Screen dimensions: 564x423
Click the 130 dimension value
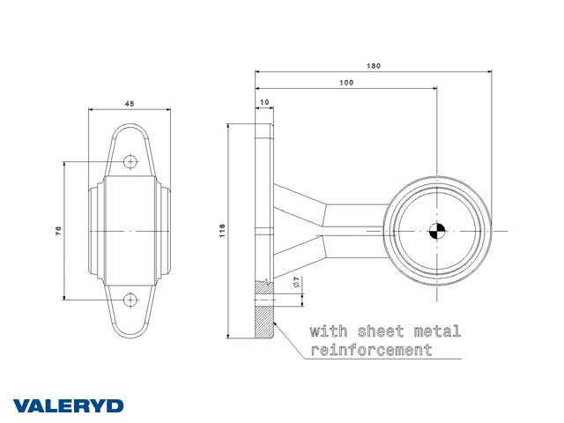374,66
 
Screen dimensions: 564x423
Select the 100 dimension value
346,83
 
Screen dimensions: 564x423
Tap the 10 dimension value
264,102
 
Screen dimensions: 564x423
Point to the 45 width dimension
130,104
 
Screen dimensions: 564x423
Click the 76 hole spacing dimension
58,231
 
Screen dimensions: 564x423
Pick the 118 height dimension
222,231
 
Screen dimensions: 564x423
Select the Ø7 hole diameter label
296,282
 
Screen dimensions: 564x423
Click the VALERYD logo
69,406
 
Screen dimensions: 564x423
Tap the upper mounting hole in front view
130,162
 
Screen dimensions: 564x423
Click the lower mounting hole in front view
130,300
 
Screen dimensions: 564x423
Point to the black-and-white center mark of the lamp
437,231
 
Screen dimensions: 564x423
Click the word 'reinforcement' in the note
371,350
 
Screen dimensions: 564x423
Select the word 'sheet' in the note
381,331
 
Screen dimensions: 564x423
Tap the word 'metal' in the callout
437,331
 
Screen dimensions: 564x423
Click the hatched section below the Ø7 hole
264,322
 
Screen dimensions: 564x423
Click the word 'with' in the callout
329,331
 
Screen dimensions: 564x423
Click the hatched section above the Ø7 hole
264,288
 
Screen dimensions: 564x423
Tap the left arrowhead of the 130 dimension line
257,71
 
